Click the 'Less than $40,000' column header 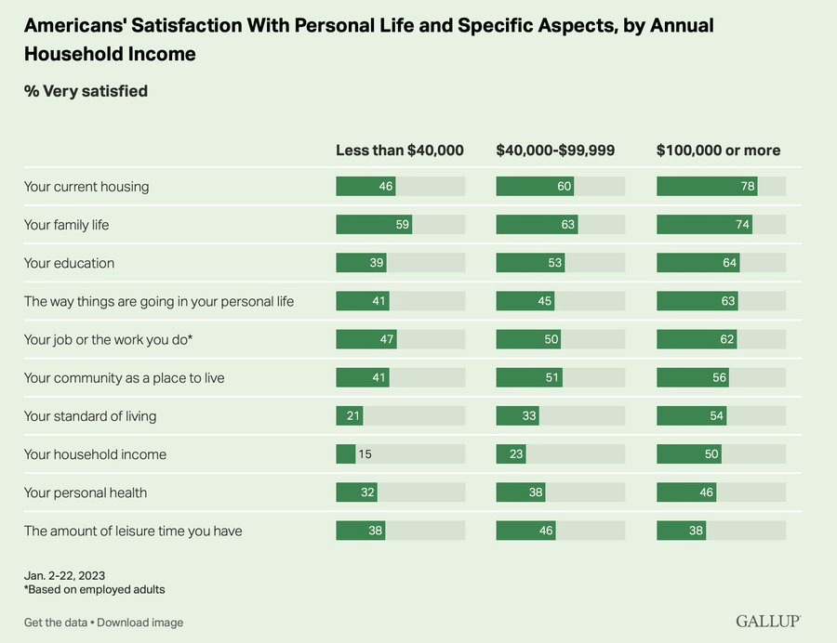coord(399,151)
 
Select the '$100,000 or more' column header coord(718,151)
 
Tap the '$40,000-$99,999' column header coord(555,151)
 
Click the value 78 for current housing coord(748,187)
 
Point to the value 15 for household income coord(365,454)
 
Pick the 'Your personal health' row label coord(86,492)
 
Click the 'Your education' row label coord(69,263)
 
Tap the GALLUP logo coord(768,621)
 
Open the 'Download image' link coord(139,623)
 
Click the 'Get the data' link coord(56,623)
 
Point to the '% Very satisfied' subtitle coord(86,91)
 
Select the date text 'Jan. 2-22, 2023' coord(65,574)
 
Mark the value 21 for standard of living coord(353,416)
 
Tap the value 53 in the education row coord(555,263)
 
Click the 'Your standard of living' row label coord(90,416)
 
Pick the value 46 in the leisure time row coord(545,531)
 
